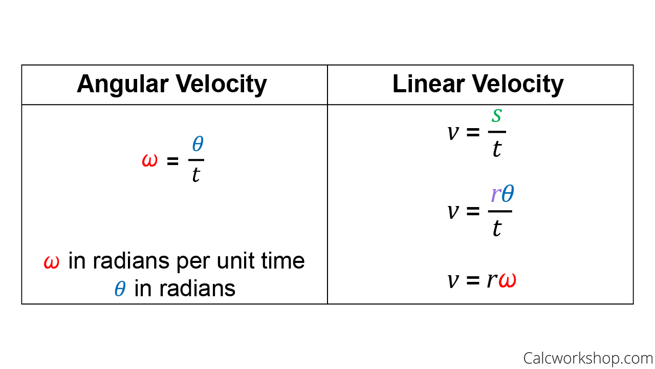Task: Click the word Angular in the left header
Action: click(122, 85)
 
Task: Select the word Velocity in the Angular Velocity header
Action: click(221, 85)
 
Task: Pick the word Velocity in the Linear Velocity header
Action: click(518, 85)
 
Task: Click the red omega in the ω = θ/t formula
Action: click(150, 160)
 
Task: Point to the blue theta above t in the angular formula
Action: click(198, 143)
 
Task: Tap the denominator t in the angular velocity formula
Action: click(196, 175)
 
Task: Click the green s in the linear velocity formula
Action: click(497, 115)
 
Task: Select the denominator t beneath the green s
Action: click(497, 149)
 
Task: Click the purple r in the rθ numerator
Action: click(496, 194)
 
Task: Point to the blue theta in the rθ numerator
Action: click(508, 193)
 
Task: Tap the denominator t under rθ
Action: click(497, 228)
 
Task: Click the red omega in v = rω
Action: click(507, 280)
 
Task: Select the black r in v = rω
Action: click(492, 280)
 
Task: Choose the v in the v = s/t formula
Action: click(453, 133)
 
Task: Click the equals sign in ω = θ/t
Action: click(172, 161)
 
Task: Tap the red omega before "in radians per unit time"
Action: click(52, 261)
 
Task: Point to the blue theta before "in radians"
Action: click(120, 289)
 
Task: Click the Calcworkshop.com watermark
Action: click(588, 358)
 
